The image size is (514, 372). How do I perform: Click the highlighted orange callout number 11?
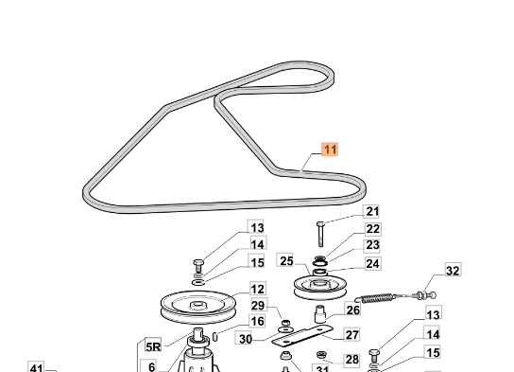pos(330,150)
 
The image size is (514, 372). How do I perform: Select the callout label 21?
pos(371,211)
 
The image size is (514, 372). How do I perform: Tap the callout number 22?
pos(372,229)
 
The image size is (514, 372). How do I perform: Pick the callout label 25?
pos(286,260)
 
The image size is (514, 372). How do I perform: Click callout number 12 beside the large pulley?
pos(257,289)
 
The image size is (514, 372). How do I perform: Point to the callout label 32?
pos(453,271)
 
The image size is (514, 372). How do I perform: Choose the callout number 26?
pos(352,310)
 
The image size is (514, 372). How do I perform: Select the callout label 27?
pos(351,335)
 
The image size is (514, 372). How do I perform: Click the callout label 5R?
pos(153,346)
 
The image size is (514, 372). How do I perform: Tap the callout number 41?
pos(36,367)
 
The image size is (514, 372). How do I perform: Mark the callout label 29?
pos(258,306)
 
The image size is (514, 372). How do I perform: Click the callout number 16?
pos(257,321)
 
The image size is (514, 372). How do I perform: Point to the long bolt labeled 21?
pos(320,234)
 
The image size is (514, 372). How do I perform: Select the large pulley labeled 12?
pos(197,307)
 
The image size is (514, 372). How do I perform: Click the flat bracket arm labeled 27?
pos(302,335)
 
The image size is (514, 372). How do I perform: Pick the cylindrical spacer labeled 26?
pos(320,314)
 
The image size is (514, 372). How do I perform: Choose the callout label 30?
pos(245,339)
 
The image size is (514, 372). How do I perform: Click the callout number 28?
pos(351,360)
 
